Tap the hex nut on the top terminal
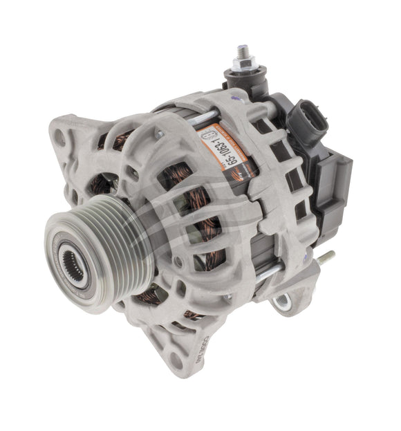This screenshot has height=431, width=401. click(246, 66)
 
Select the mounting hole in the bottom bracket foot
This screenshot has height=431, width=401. click(176, 360)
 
